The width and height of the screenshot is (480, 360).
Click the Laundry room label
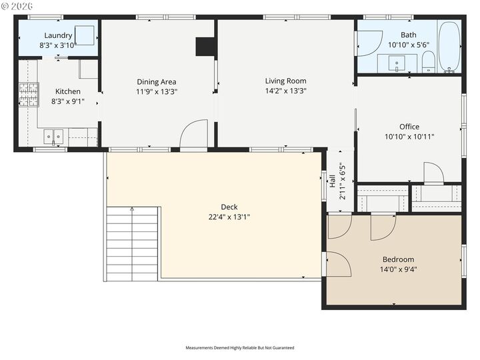point(58,35)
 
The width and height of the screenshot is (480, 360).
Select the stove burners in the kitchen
point(28,95)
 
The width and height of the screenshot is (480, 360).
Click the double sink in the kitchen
point(53,137)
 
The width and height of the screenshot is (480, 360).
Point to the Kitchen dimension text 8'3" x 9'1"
point(67,101)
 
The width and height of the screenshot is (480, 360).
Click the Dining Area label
point(156,82)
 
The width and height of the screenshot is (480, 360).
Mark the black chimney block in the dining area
point(205,47)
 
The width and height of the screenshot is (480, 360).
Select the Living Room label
point(285,81)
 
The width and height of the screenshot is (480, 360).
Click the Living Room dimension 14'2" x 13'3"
point(285,91)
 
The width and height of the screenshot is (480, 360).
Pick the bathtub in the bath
point(449,47)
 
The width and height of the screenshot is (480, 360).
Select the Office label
point(409,127)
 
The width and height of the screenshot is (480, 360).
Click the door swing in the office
point(433,173)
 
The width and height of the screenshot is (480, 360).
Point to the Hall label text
point(332,181)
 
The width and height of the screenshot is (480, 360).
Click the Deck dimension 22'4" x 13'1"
point(229,217)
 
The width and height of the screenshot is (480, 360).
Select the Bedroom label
point(398,259)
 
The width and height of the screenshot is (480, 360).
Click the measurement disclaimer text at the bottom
point(239,347)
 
